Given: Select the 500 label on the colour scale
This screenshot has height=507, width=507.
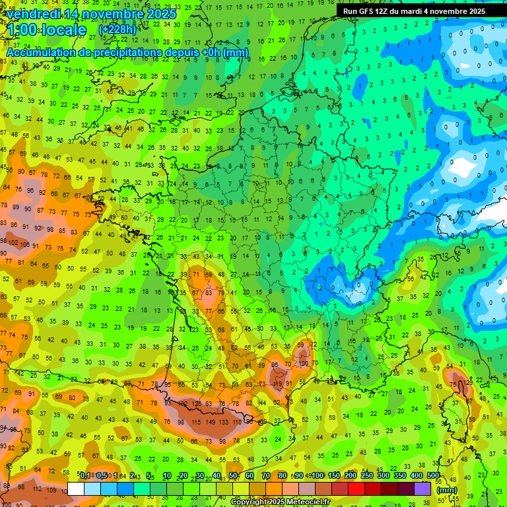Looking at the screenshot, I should coord(432,475).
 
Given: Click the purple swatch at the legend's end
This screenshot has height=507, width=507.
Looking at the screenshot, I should coord(422,489).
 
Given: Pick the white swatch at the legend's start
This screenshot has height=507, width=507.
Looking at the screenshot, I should coord(76,489).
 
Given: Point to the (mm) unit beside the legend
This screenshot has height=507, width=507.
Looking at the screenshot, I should coord(447,490).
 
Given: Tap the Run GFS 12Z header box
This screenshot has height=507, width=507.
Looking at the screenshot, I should coord(414,11).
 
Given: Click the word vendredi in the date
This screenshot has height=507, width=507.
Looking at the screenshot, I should coord(38,14).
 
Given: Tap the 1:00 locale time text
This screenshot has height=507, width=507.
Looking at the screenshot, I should coord(46,30).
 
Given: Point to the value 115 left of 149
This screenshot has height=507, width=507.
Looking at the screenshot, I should coord(196,422).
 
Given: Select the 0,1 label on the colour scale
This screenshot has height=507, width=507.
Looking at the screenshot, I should coord(85,475).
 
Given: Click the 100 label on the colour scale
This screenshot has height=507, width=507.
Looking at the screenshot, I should coord(318,475).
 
